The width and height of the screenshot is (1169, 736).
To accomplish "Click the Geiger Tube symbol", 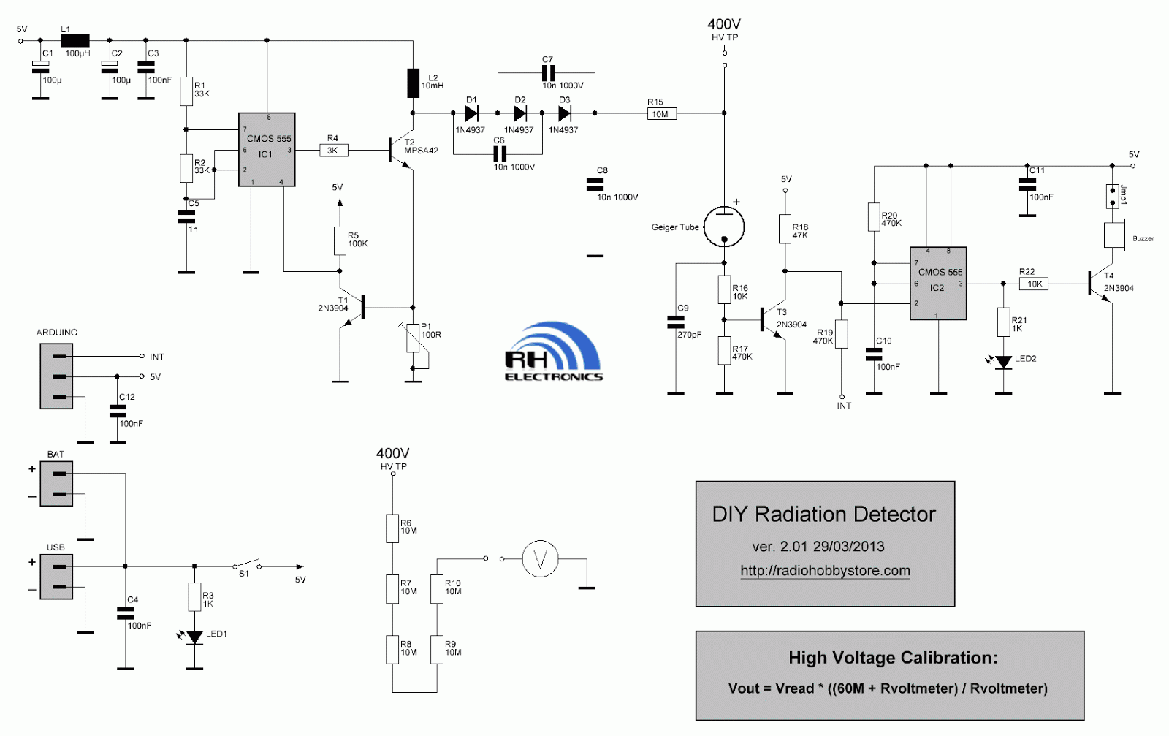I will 723,227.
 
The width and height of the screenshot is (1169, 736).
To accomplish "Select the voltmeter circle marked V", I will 540,559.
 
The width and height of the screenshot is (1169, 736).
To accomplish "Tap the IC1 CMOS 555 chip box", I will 267,150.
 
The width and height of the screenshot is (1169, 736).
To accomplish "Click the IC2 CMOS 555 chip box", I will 938,284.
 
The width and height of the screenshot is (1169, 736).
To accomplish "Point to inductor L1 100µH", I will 75,41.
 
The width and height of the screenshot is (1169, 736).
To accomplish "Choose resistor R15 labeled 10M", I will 661,113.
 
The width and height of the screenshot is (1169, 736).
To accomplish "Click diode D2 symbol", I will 520,113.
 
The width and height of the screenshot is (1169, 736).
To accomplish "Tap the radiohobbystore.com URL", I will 825,571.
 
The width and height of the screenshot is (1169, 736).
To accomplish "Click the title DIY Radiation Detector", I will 823,515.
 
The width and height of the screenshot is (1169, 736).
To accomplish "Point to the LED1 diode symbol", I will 194,637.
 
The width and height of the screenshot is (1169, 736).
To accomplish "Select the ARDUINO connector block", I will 56,376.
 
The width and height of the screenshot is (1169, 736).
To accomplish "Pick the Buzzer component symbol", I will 1113,236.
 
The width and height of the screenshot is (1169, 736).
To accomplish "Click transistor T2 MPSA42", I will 399,151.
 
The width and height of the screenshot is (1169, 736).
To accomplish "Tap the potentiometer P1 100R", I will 413,338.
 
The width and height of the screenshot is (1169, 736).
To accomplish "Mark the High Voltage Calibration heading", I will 892,658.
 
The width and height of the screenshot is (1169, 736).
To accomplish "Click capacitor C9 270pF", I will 676,322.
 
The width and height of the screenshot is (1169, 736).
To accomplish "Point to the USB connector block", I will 56,577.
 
